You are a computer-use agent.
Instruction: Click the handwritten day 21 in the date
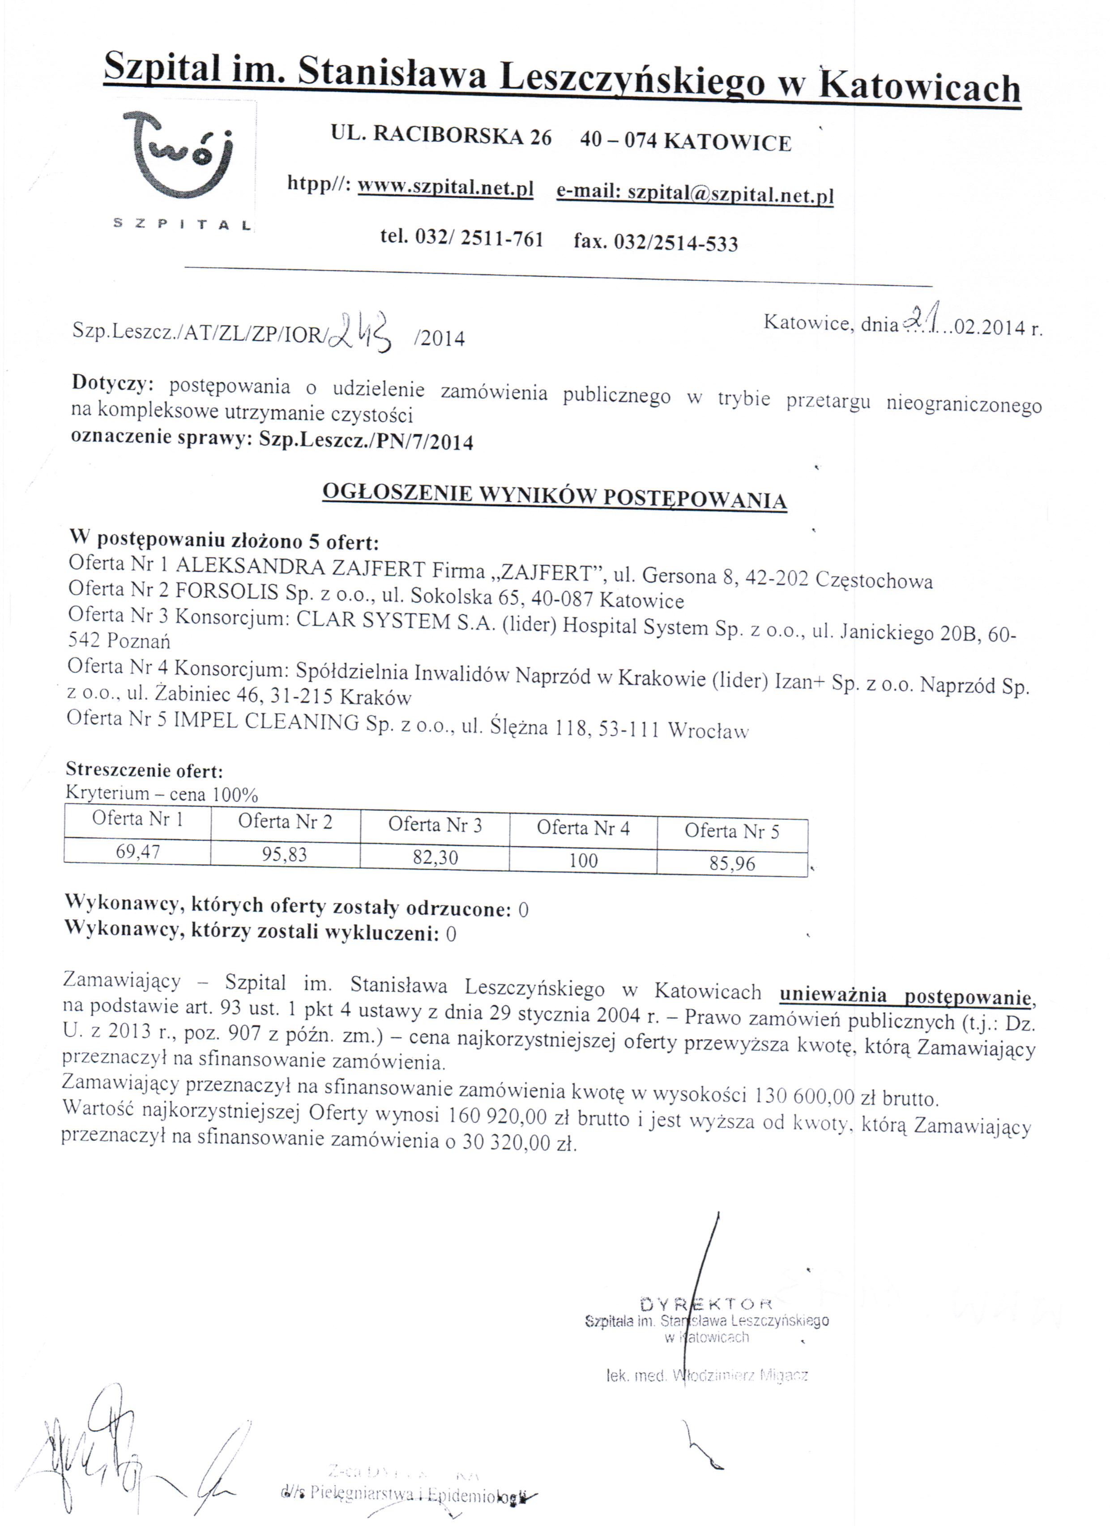(923, 318)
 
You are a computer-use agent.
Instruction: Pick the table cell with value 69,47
(138, 851)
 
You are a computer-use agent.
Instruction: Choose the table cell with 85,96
(732, 864)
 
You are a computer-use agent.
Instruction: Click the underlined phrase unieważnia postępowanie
(905, 995)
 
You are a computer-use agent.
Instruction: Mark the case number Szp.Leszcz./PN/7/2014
(367, 441)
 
